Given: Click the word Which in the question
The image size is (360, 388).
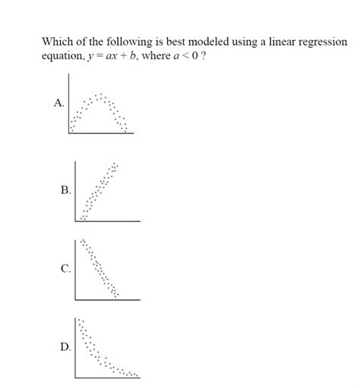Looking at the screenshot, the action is pos(56,42).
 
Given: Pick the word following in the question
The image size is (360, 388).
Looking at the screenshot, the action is pos(122,42).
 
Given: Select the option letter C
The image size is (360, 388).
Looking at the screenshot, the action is pos(66,268).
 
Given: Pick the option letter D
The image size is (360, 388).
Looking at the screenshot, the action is pos(66,347).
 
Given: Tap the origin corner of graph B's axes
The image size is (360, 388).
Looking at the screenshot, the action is pos(76,221).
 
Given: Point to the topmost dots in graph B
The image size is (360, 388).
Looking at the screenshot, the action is pos(115,164).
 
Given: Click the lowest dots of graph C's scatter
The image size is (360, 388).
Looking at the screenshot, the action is pos(115,293).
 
